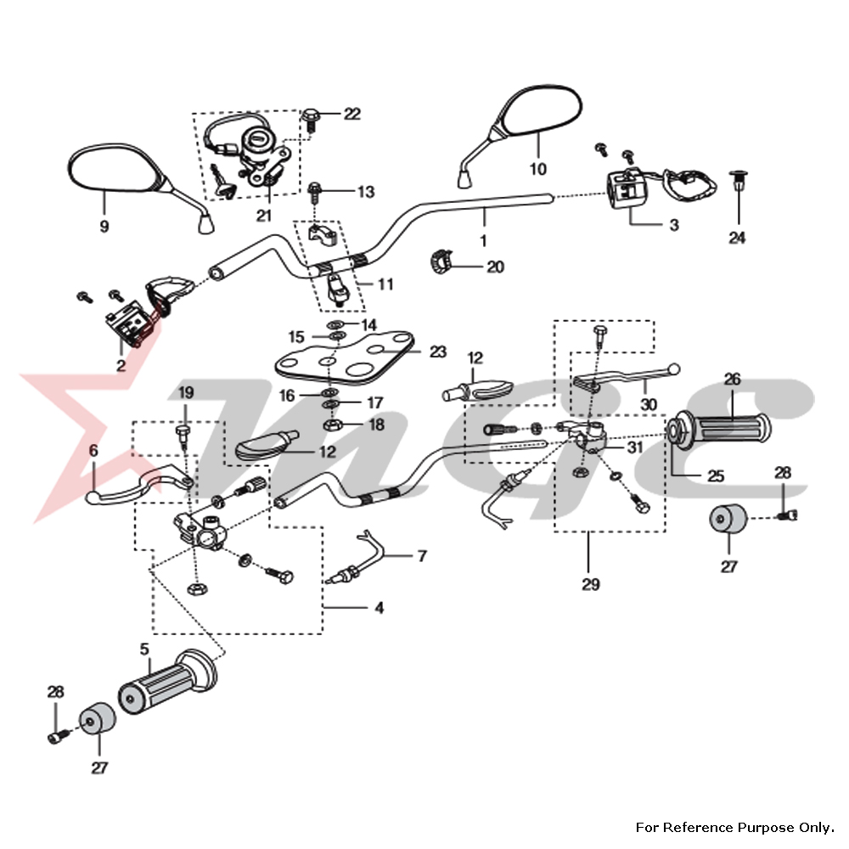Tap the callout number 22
click(351, 114)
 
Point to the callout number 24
click(737, 239)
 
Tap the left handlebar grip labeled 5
click(166, 684)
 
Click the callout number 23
click(437, 351)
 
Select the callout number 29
click(591, 585)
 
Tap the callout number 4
click(380, 608)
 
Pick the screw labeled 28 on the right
click(790, 513)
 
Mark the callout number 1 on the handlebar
click(483, 241)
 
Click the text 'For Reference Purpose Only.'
click(729, 827)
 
